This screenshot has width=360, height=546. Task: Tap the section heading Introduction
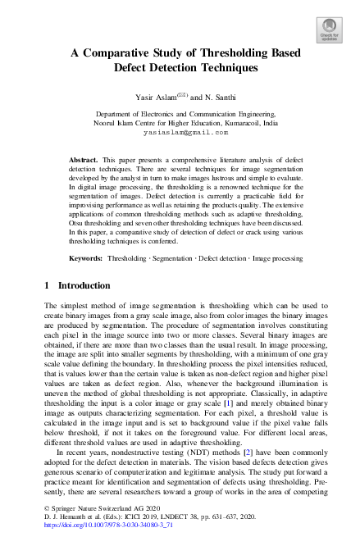tap(83, 285)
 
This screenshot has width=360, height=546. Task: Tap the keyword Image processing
tap(278, 258)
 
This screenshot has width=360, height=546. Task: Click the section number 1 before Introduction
tap(47, 285)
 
